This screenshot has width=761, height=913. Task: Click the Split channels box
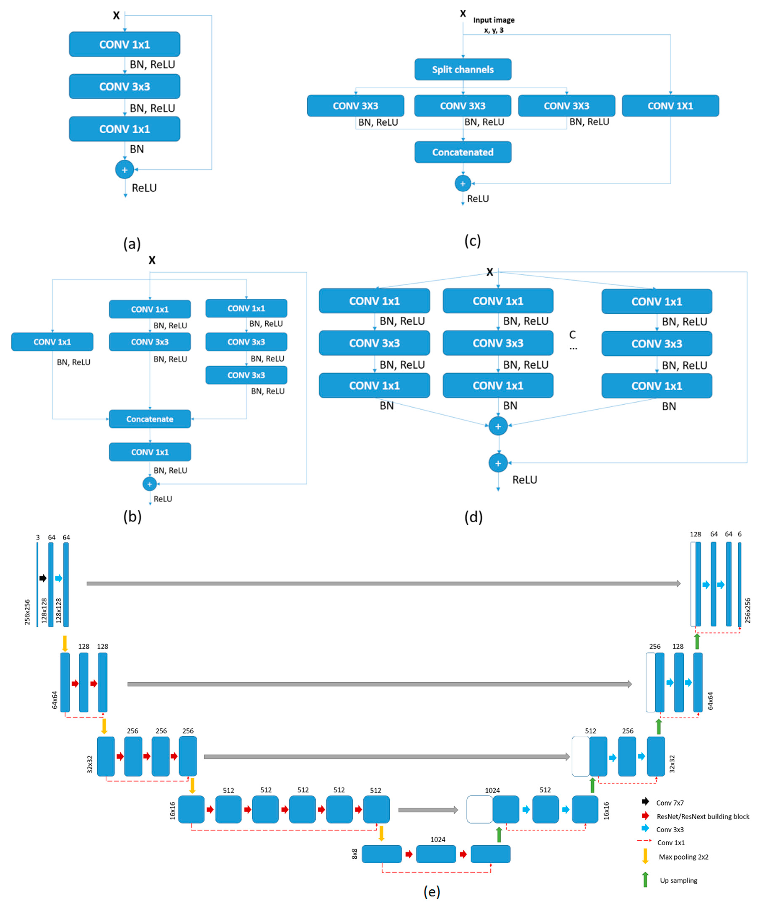[463, 70]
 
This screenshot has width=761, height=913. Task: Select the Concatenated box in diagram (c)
[463, 152]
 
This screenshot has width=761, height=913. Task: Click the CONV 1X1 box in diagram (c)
[670, 106]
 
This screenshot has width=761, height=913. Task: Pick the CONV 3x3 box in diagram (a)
[124, 87]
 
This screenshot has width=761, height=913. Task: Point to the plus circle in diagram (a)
[124, 170]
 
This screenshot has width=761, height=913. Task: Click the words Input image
[494, 20]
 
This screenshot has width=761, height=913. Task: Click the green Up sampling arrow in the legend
[645, 879]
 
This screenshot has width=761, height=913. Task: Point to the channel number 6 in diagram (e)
[739, 534]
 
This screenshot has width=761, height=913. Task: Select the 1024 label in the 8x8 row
[437, 839]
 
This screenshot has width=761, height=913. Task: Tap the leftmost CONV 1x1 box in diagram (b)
[52, 342]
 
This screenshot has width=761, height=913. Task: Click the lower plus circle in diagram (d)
[498, 463]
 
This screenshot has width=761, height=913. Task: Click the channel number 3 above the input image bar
[38, 537]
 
